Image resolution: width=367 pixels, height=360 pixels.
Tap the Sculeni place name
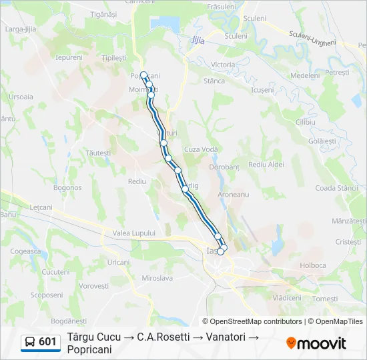[x=254, y=19]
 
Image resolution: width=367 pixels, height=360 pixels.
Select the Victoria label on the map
[x=223, y=64]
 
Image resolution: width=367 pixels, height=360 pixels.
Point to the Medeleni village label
[x=306, y=75]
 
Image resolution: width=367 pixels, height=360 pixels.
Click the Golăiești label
[x=323, y=141]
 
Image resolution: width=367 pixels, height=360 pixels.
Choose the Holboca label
[x=313, y=265]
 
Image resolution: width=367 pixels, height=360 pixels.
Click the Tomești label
[x=325, y=299]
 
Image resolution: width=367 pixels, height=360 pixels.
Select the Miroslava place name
[x=157, y=277]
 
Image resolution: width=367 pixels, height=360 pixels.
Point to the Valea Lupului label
[x=133, y=233]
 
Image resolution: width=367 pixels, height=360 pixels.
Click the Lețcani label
[x=41, y=207]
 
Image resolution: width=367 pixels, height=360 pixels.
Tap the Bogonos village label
[x=67, y=187]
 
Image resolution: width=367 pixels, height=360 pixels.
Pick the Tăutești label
[x=98, y=153]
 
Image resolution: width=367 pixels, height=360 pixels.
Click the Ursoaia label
[x=21, y=97]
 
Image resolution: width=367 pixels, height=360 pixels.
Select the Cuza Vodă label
[x=201, y=149]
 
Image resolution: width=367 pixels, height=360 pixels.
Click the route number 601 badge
[x=47, y=342]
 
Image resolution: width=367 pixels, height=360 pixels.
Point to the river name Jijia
[x=198, y=40]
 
